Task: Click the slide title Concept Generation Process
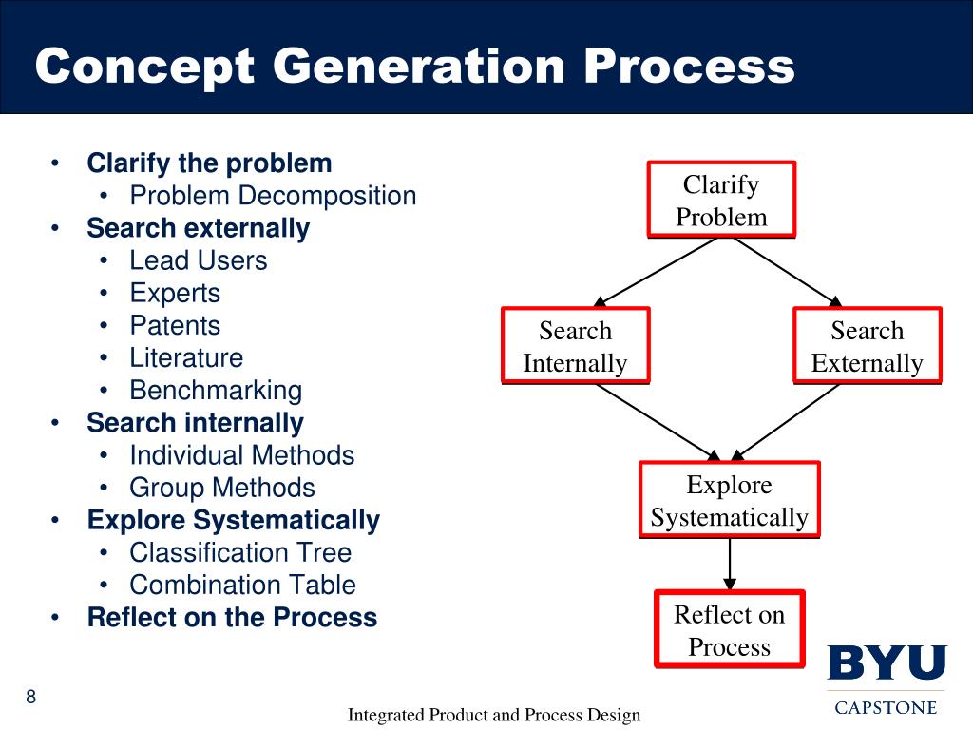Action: [414, 67]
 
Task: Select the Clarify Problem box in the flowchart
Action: [721, 201]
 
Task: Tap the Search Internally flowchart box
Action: [575, 347]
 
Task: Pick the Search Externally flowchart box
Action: [867, 347]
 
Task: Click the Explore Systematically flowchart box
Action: [729, 501]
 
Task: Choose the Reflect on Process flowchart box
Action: [729, 630]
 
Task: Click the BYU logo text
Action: [887, 663]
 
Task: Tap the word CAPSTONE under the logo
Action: [886, 707]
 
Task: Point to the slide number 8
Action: [31, 699]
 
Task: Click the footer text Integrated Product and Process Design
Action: [494, 715]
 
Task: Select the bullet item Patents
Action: [175, 326]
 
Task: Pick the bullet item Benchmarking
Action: [216, 391]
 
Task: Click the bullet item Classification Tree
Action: [240, 553]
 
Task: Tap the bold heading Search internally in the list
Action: [195, 423]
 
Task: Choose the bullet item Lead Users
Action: [199, 260]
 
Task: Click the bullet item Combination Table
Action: [242, 586]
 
